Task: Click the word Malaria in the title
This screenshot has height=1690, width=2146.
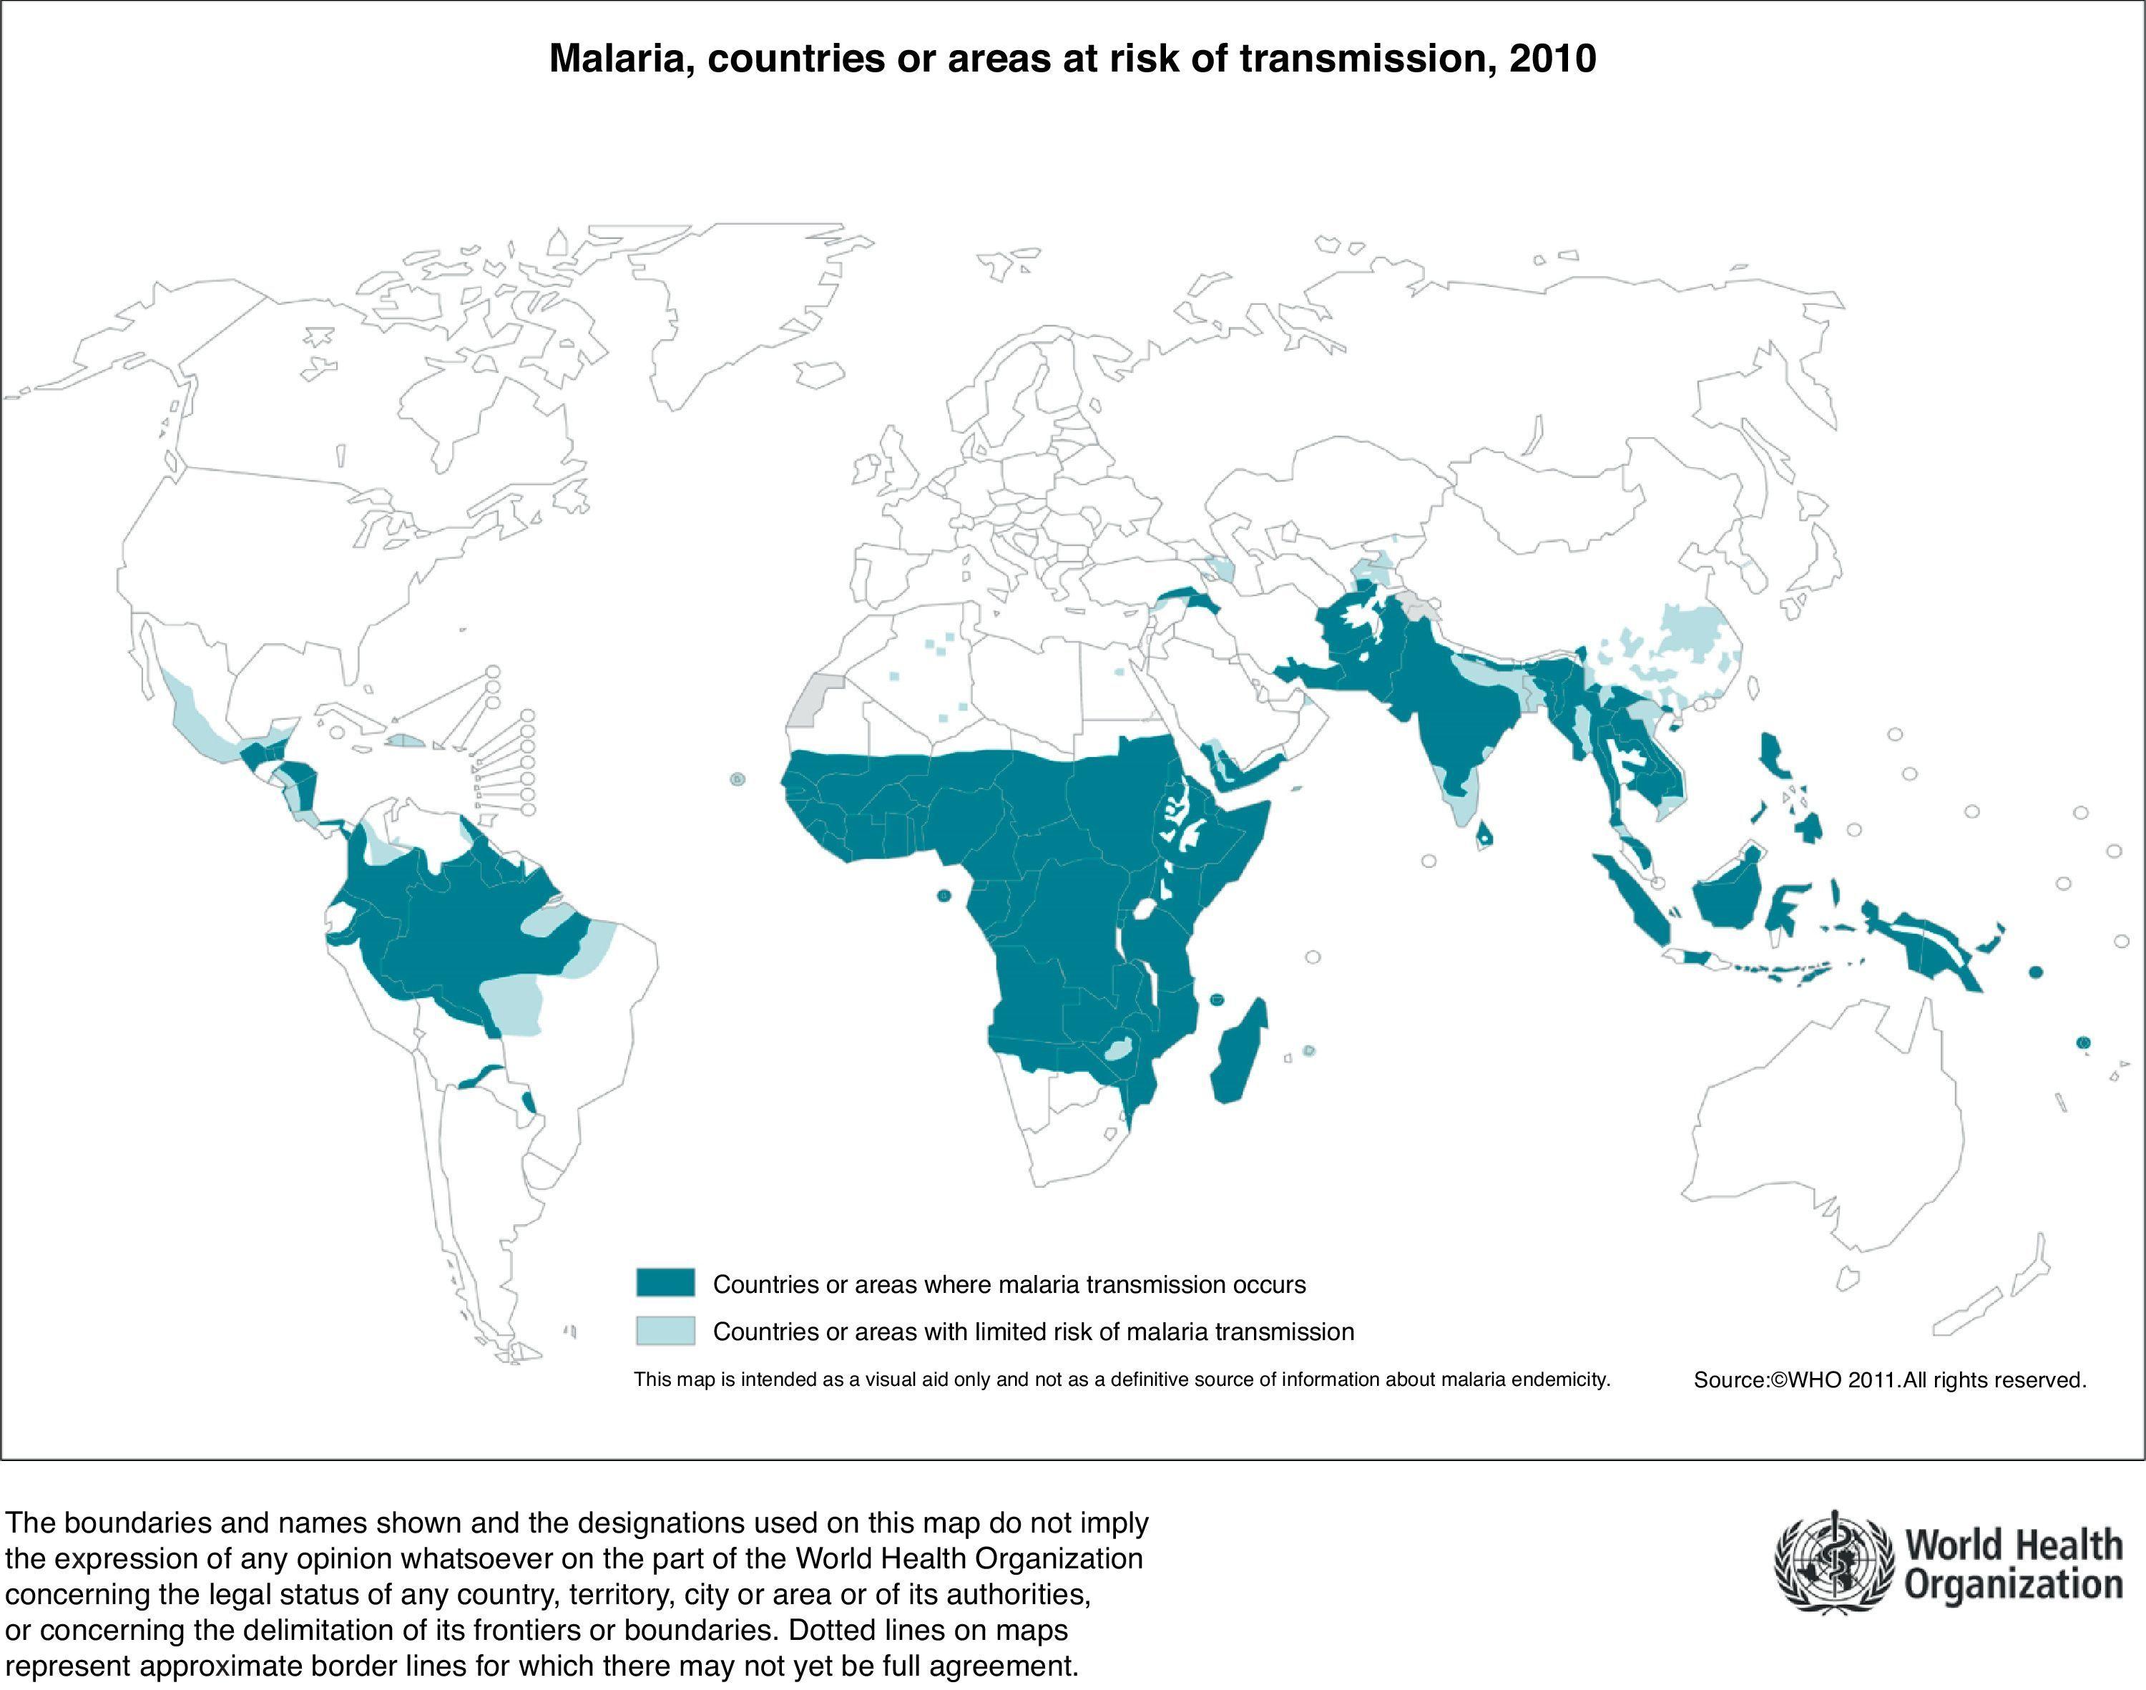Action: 620,59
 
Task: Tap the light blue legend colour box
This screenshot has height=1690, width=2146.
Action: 665,1331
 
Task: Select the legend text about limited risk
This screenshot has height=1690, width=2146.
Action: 1033,1332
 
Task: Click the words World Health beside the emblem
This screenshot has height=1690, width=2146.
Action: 2014,1545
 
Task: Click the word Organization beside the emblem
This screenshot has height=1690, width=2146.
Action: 2014,1586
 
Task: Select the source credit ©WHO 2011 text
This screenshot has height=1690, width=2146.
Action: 1890,1380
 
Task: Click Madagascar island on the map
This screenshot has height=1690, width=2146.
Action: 1238,1055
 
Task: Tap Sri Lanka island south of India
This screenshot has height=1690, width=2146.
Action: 1484,837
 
